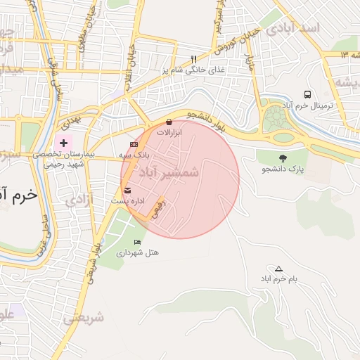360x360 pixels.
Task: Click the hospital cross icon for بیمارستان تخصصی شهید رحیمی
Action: pyautogui.click(x=65, y=142)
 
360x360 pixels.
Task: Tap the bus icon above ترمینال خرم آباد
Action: pyautogui.click(x=307, y=94)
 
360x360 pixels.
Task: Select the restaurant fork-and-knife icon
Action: pyautogui.click(x=194, y=60)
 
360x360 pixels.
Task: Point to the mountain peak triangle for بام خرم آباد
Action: pyautogui.click(x=278, y=269)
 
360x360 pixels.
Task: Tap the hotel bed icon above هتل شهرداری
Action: pyautogui.click(x=137, y=242)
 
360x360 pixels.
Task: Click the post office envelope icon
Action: pyautogui.click(x=127, y=191)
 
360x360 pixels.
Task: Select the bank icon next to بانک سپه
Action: pyautogui.click(x=134, y=144)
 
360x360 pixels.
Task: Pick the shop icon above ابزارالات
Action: pyautogui.click(x=169, y=122)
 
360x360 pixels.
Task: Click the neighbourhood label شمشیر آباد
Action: pyautogui.click(x=169, y=172)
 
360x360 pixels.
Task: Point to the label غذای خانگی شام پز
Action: pyautogui.click(x=183, y=70)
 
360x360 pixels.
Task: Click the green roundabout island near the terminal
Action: pyautogui.click(x=276, y=120)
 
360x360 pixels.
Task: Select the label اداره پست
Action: pyautogui.click(x=128, y=201)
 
